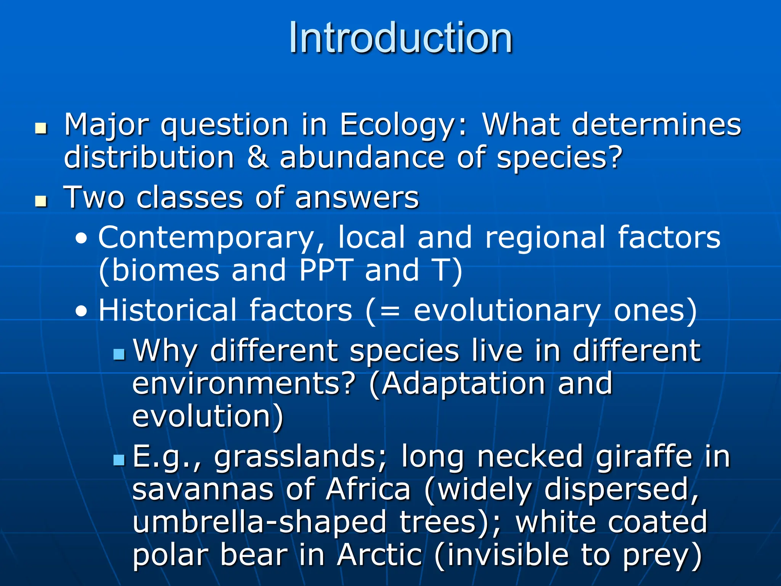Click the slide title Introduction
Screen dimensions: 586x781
click(400, 38)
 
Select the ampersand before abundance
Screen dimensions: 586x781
click(258, 158)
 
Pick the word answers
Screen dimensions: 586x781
click(357, 198)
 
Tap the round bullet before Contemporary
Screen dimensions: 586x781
click(81, 240)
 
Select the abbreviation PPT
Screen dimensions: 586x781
click(326, 270)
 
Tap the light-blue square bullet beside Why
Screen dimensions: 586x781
click(119, 354)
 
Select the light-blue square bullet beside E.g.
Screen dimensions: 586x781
click(119, 460)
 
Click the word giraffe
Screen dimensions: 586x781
click(644, 457)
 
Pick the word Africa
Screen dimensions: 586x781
click(368, 489)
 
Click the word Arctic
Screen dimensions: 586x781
click(380, 555)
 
